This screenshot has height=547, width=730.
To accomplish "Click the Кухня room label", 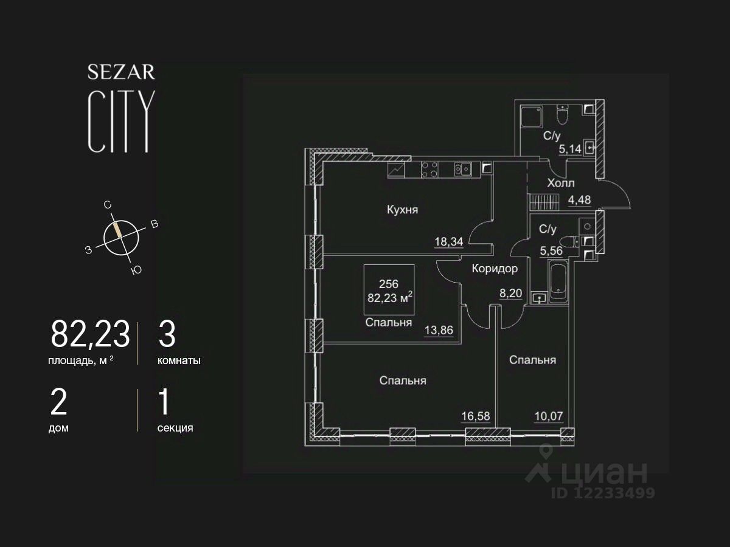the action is [x=403, y=210].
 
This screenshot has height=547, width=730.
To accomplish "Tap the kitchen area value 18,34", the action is [x=448, y=241].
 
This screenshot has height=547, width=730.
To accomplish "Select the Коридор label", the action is [x=495, y=269].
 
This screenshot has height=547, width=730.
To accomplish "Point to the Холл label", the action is [x=561, y=183].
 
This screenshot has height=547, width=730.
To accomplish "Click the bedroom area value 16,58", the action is [x=476, y=416].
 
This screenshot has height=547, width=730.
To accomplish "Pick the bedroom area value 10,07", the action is [x=549, y=416].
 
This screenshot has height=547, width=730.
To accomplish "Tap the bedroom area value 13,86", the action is [x=439, y=330].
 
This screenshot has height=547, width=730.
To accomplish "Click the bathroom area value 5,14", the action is [x=570, y=149].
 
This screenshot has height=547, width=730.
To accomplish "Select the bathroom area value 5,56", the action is [x=551, y=251].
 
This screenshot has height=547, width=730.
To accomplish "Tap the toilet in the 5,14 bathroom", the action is [x=562, y=115].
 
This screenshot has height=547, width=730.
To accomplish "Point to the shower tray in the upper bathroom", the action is [x=532, y=117].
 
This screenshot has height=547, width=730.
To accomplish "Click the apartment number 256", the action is [x=389, y=284].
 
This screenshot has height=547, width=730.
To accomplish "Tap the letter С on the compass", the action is [x=107, y=205].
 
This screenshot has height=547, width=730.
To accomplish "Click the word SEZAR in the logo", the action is [x=122, y=72].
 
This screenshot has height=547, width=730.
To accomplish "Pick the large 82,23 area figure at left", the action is [x=90, y=334].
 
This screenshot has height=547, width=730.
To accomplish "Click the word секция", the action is [x=175, y=428].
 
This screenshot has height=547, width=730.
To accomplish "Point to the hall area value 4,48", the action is [x=579, y=200].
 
